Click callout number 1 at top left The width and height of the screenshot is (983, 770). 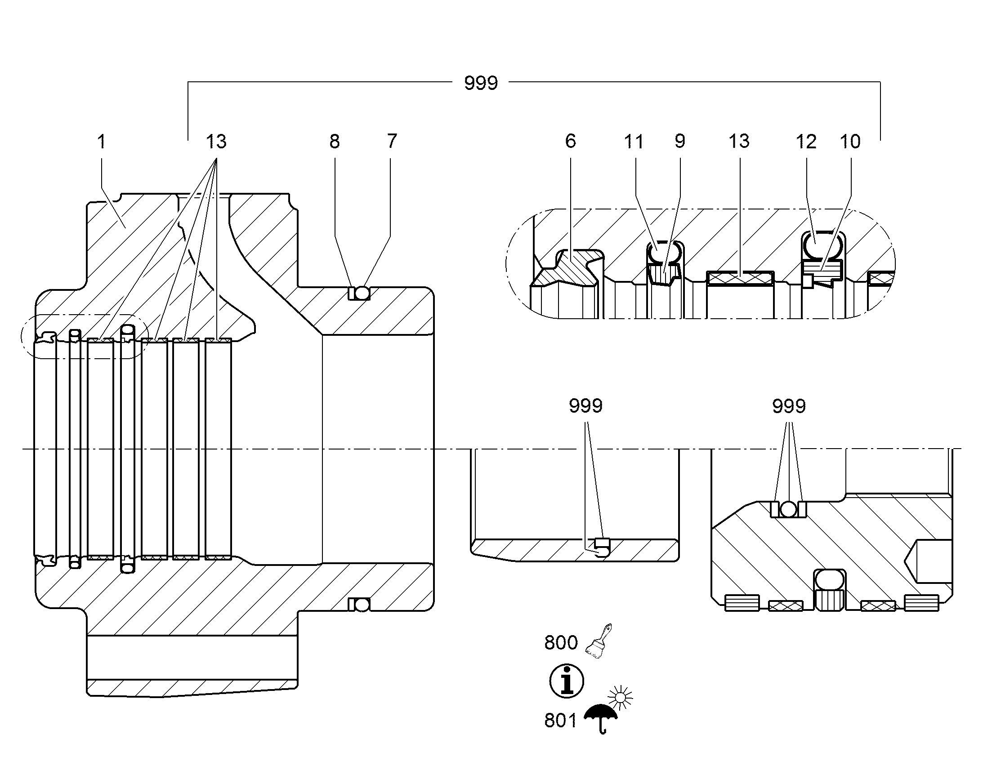point(102,142)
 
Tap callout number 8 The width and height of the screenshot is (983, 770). point(334,142)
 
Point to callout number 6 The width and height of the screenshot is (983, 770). point(570,141)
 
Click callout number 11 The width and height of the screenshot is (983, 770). point(634,142)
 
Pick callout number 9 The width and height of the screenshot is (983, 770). point(680,141)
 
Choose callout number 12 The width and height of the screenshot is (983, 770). point(806,142)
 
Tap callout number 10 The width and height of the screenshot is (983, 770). point(850,142)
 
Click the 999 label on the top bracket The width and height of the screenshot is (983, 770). point(481,83)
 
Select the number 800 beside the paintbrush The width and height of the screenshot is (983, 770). point(561,643)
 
